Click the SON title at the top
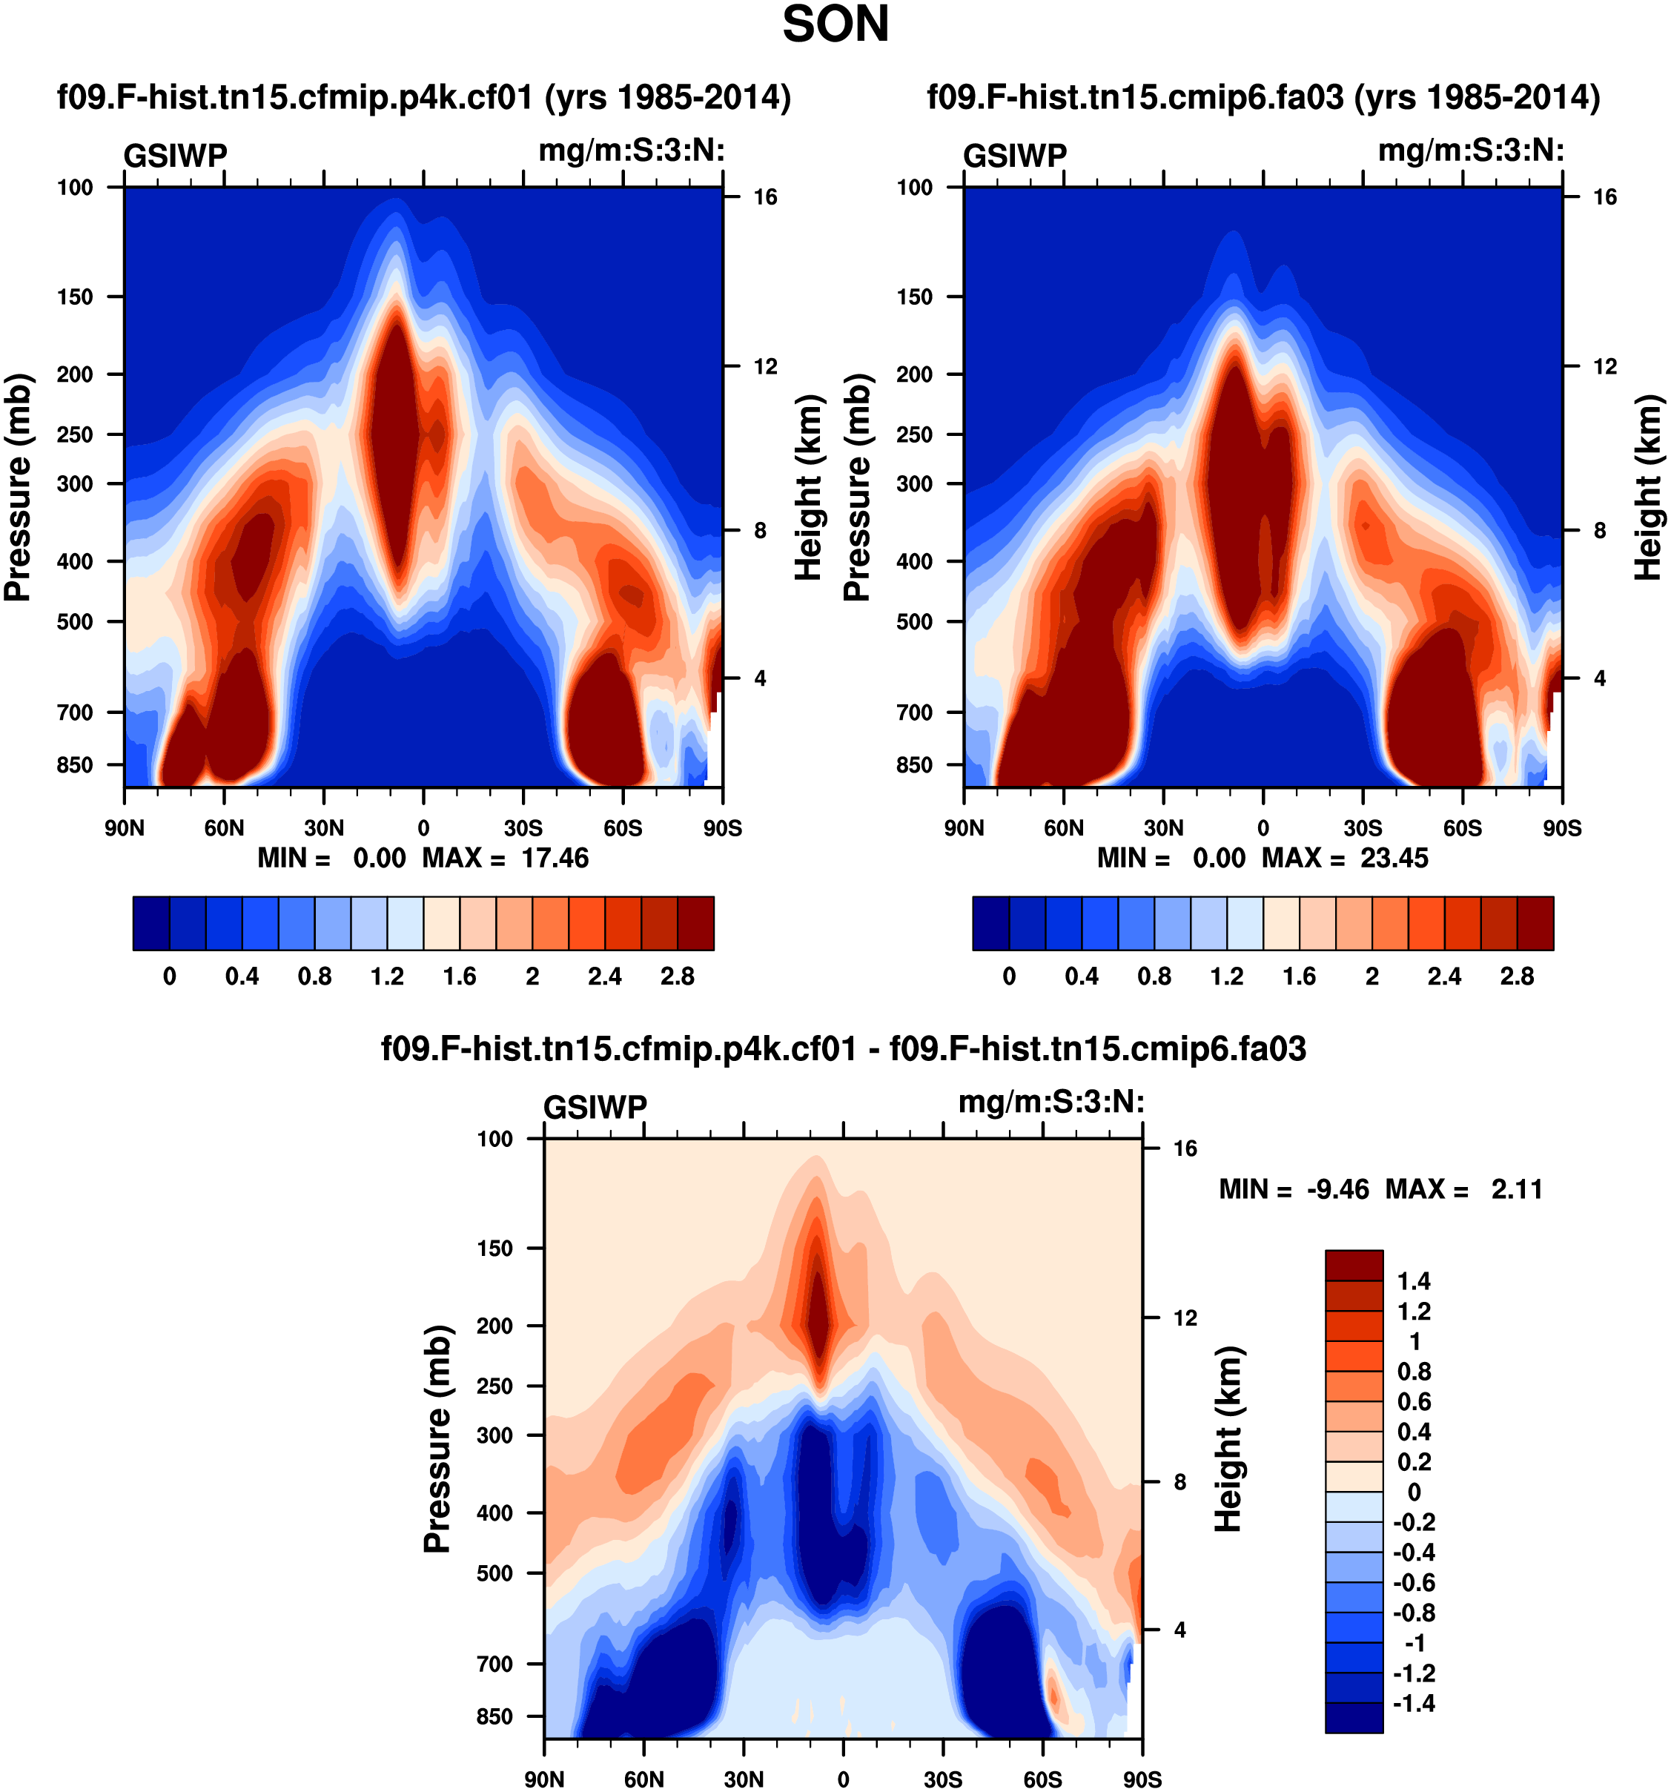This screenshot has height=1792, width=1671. [835, 25]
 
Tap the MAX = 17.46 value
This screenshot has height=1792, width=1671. [555, 857]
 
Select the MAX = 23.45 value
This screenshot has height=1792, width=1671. [1394, 857]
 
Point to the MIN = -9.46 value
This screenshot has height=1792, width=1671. [1337, 1189]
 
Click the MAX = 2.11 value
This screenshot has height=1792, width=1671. [1516, 1189]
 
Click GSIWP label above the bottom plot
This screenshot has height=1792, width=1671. [595, 1107]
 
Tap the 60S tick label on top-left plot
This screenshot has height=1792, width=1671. [623, 827]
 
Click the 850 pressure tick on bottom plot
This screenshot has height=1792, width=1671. [494, 1716]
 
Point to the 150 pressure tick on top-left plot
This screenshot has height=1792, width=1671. [75, 297]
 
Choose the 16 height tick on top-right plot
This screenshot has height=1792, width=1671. [1604, 196]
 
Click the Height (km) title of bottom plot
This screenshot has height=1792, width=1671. [1228, 1440]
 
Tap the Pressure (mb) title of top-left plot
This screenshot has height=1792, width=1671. [18, 487]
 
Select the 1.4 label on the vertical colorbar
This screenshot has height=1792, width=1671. [1413, 1281]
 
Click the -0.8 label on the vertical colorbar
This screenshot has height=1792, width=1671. [1413, 1613]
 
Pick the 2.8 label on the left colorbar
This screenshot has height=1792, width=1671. [677, 976]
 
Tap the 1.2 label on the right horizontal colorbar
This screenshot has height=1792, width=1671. [1227, 976]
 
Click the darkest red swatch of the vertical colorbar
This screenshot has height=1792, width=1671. [1353, 1266]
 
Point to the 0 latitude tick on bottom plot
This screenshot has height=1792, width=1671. [843, 1779]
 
